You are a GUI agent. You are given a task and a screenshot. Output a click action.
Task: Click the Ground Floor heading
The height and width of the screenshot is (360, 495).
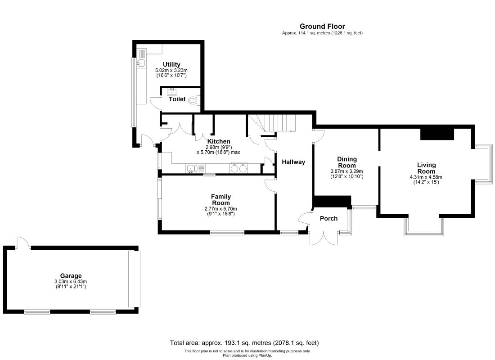322,27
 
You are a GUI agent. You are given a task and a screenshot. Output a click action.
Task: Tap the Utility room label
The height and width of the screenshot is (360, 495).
171,64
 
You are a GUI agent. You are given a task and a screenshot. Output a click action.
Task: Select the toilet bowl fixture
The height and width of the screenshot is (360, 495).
193,100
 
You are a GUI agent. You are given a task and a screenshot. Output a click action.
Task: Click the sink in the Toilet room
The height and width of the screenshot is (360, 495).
172,92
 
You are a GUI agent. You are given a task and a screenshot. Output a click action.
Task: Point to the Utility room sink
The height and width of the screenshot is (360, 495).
140,63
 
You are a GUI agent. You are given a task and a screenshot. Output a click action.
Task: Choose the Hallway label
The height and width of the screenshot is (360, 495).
293,162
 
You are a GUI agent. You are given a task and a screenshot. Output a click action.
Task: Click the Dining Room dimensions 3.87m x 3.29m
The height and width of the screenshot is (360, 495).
346,171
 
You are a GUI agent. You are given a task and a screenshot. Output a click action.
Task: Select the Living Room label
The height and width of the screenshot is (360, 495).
426,168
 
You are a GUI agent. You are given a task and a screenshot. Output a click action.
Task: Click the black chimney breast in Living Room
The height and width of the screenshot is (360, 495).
437,134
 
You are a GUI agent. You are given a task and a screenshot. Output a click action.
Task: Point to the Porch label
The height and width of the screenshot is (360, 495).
328,219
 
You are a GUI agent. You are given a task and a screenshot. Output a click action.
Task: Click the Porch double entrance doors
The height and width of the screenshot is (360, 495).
324,238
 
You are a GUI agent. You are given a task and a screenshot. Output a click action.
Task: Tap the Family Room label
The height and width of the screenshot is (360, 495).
220,200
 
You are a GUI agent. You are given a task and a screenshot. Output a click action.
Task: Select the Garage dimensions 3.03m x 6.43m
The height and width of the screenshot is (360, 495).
71,281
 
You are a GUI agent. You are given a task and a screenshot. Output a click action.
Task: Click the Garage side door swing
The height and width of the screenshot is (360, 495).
23,242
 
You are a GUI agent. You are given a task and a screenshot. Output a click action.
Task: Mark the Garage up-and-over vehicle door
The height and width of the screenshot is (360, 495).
134,279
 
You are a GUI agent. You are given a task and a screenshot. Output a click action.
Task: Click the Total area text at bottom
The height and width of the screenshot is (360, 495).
244,342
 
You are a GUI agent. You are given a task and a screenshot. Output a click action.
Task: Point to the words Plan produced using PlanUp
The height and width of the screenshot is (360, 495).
247,355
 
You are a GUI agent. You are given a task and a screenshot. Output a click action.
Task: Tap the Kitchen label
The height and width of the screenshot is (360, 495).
218,141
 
